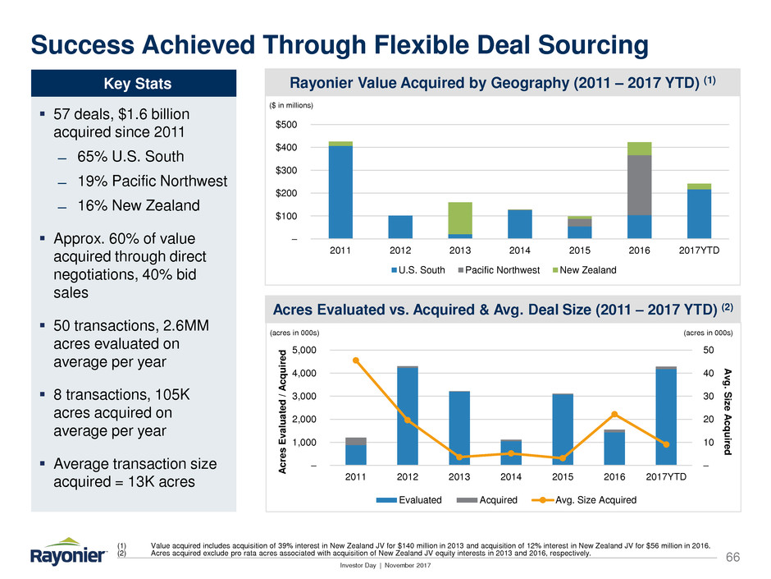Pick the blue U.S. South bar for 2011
340,192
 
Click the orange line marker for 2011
356,361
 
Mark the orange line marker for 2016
614,414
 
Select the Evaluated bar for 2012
408,416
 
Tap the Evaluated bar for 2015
563,430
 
